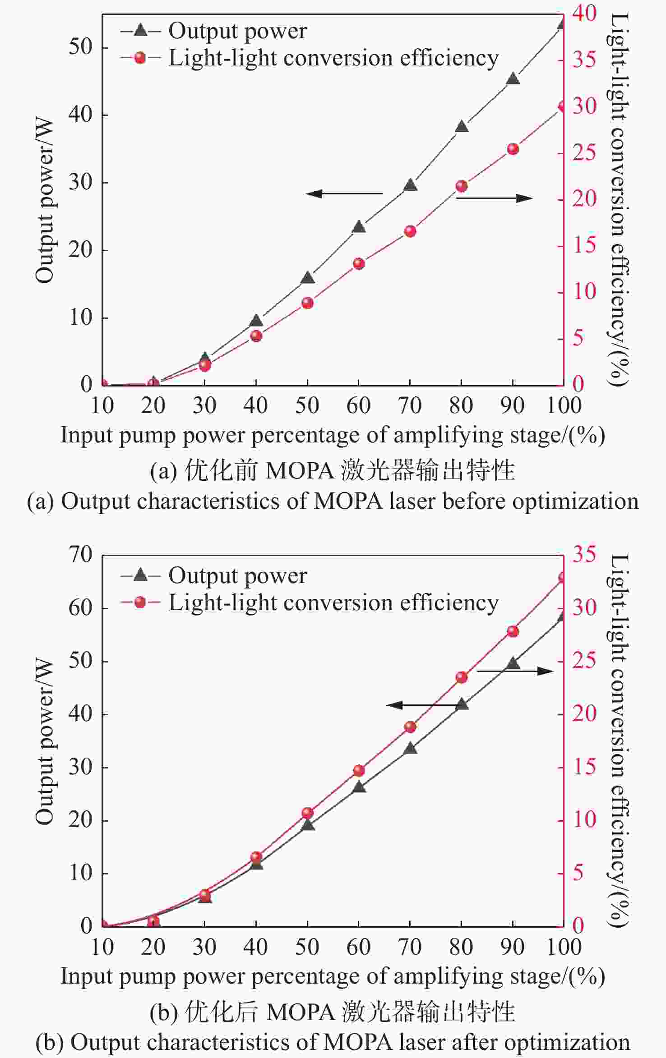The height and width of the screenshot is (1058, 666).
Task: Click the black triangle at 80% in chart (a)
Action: click(462, 127)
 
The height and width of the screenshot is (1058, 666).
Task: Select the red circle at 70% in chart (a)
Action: click(410, 232)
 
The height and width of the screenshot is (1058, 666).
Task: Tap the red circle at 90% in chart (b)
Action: click(513, 631)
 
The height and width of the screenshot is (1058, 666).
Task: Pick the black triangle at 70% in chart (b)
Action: click(410, 749)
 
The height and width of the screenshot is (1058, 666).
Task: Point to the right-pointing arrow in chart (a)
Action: click(495, 198)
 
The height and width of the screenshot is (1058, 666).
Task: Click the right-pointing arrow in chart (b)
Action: click(515, 671)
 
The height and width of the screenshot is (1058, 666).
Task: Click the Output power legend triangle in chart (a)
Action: click(141, 31)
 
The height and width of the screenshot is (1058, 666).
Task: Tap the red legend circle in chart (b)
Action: click(141, 603)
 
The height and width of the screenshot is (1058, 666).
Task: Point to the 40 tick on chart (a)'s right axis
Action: click(585, 13)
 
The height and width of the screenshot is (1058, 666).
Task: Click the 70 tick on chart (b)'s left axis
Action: click(80, 555)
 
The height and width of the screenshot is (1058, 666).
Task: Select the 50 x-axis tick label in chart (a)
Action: click(307, 405)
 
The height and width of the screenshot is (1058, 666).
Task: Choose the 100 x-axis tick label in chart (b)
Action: click(564, 947)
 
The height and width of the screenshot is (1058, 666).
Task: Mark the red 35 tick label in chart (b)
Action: click(585, 554)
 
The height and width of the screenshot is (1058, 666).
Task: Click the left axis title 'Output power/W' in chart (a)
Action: click(45, 201)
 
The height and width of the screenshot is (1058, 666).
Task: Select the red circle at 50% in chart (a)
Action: click(308, 303)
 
